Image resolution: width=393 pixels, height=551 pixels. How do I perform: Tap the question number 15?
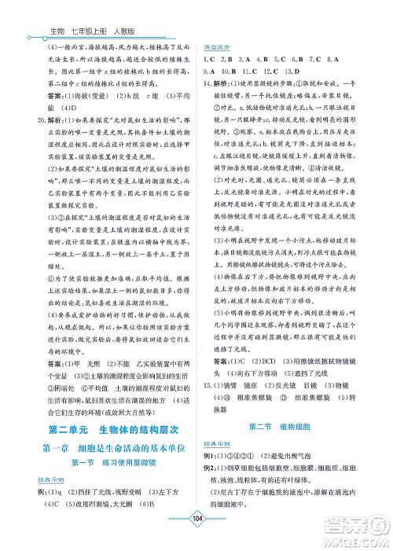click(x=208, y=364)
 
